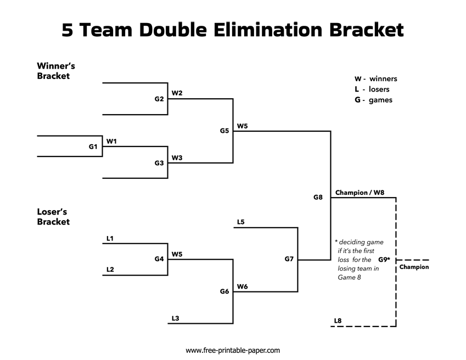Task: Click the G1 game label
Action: click(93, 147)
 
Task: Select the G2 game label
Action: click(159, 99)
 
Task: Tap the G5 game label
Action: click(224, 131)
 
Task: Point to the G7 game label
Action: click(289, 259)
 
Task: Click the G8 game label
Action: click(318, 197)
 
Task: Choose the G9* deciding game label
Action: click(384, 259)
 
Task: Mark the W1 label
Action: click(111, 141)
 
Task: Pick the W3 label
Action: click(177, 157)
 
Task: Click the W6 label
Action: click(242, 286)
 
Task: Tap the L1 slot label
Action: click(110, 238)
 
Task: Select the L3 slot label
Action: click(175, 318)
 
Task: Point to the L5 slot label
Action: click(240, 222)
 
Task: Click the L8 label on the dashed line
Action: click(338, 320)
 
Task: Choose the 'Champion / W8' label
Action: click(360, 193)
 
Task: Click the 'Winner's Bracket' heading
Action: click(56, 71)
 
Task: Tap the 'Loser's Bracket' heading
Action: click(53, 217)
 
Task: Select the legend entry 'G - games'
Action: click(373, 100)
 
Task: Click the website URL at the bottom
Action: click(233, 350)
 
